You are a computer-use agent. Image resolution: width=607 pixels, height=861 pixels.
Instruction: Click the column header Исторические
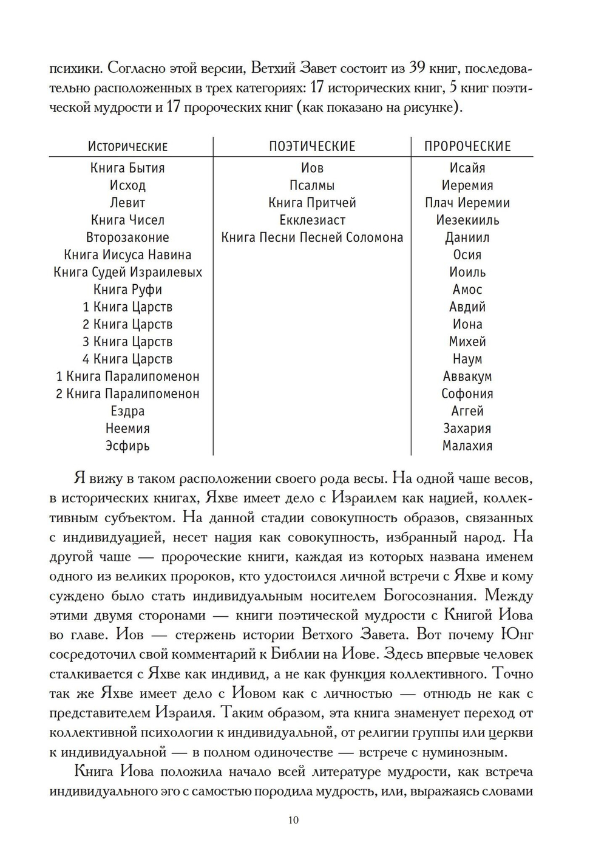click(x=127, y=146)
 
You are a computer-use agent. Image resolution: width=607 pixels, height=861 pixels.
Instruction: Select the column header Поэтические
click(x=312, y=146)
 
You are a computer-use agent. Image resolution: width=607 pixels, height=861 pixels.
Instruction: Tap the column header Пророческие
click(x=467, y=146)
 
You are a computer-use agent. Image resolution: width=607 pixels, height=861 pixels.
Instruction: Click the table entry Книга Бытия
click(x=127, y=168)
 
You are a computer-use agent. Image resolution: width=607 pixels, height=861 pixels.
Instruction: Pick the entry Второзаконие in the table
click(x=127, y=237)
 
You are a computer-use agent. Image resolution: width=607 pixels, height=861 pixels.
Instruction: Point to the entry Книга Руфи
click(x=127, y=290)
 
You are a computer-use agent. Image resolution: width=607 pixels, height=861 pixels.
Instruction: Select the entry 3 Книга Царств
click(x=127, y=342)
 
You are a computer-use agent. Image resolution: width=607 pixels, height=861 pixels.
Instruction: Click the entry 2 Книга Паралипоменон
click(x=127, y=394)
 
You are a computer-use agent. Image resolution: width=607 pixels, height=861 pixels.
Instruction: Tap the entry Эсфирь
click(x=127, y=446)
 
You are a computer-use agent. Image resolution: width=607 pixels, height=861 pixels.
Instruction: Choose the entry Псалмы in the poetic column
click(x=312, y=186)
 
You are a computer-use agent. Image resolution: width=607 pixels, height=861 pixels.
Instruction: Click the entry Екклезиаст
click(x=312, y=220)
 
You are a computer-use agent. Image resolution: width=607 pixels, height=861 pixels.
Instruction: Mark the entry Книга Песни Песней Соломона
click(x=312, y=237)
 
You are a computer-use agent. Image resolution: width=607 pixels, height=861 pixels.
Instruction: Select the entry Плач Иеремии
click(x=467, y=203)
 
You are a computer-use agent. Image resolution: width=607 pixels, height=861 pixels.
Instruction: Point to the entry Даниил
click(x=467, y=237)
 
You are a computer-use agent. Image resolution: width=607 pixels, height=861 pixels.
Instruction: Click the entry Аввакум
click(x=467, y=376)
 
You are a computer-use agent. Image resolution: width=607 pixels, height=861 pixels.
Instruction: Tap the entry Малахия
click(x=467, y=446)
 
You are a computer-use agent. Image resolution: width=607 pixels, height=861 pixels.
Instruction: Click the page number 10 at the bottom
click(x=293, y=820)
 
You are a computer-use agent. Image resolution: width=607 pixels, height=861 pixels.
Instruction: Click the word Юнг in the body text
click(x=515, y=635)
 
